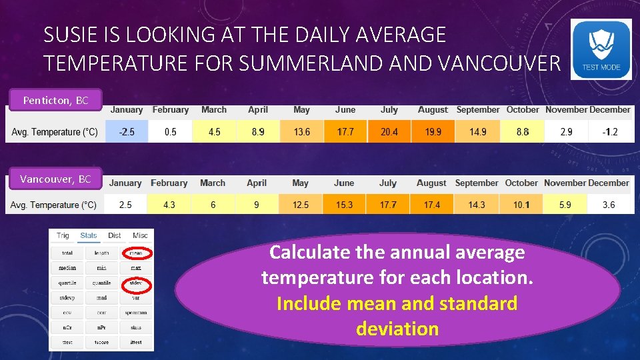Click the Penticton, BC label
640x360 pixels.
[x=55, y=101]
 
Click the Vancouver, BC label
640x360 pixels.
[x=55, y=179]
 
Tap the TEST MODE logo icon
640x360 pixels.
[x=601, y=49]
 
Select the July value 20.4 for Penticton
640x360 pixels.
[x=389, y=132]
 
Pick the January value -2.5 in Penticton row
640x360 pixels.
[x=127, y=132]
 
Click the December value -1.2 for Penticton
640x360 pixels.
[x=609, y=132]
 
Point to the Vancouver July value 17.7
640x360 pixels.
[x=388, y=205]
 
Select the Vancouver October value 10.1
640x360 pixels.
[x=521, y=205]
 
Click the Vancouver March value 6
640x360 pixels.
[x=213, y=205]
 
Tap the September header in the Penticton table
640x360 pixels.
[x=477, y=110]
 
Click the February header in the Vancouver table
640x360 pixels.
[x=169, y=183]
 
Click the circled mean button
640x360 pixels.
[x=136, y=253]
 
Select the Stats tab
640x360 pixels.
[x=88, y=235]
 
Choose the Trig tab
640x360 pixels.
[x=63, y=235]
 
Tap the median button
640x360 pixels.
[x=67, y=268]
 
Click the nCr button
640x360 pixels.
[x=67, y=327]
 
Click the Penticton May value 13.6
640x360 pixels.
[x=302, y=132]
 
